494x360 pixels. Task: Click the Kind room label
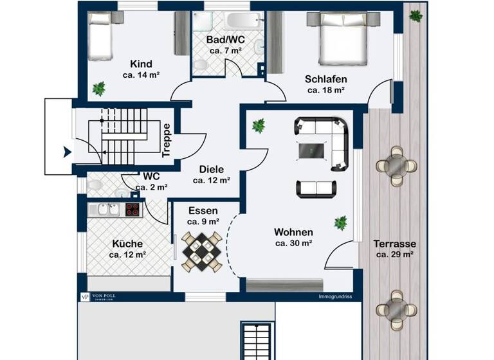pos(141,64)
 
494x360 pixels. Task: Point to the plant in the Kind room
pos(98,89)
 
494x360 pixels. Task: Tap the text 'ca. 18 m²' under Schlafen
pos(326,91)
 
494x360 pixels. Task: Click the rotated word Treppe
pos(166,140)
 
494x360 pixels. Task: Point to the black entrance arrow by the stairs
pos(66,152)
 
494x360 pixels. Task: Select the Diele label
pos(211,169)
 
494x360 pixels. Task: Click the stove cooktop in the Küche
pos(132,209)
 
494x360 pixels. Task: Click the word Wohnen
pos(293,232)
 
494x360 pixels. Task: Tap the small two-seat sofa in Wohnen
pos(316,188)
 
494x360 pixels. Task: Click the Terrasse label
pos(394,244)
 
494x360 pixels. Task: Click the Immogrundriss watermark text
pos(334,297)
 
